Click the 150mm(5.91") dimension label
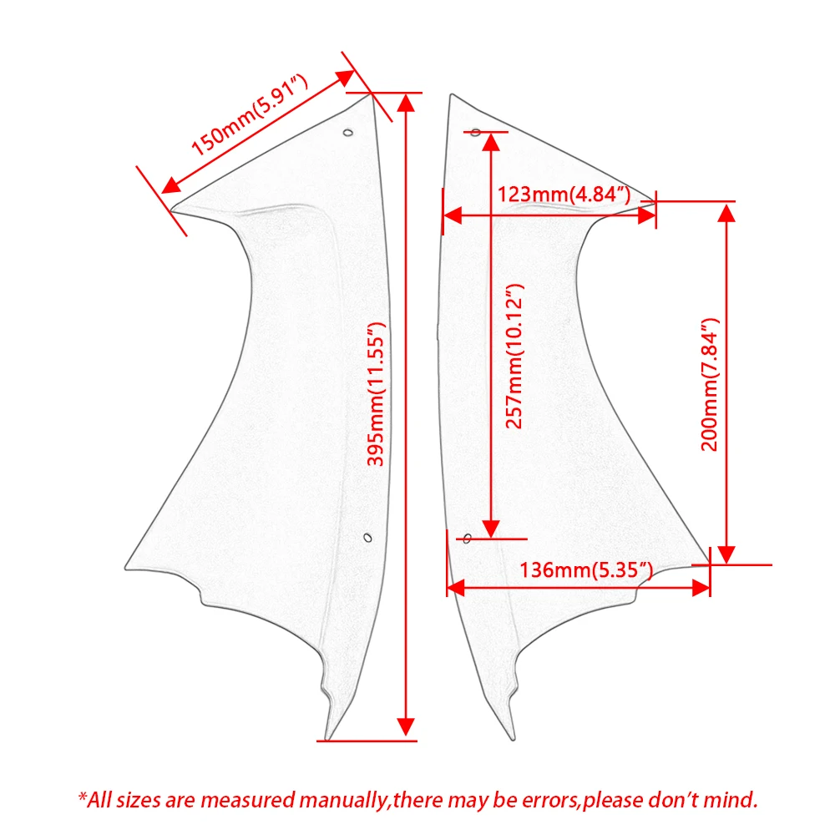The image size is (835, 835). pyautogui.click(x=249, y=115)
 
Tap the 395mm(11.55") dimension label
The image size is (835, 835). pyautogui.click(x=376, y=394)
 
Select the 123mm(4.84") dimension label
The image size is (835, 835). pyautogui.click(x=564, y=195)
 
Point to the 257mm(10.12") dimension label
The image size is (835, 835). pyautogui.click(x=514, y=357)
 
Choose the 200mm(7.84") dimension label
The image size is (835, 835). pyautogui.click(x=710, y=385)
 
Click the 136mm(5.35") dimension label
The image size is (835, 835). pyautogui.click(x=586, y=570)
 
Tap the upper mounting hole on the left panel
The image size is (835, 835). pyautogui.click(x=348, y=133)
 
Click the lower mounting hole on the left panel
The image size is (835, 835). pyautogui.click(x=368, y=538)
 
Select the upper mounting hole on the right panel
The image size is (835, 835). pyautogui.click(x=476, y=132)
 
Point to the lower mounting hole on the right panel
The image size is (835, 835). pyautogui.click(x=467, y=539)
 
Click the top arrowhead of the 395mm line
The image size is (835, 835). pyautogui.click(x=407, y=103)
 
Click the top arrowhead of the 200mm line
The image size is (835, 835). pyautogui.click(x=727, y=212)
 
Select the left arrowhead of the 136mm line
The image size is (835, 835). pyautogui.click(x=456, y=588)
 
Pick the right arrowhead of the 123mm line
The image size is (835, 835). pyautogui.click(x=646, y=215)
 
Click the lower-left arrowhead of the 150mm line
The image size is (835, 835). pyautogui.click(x=171, y=185)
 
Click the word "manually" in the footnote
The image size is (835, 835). pyautogui.click(x=343, y=801)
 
